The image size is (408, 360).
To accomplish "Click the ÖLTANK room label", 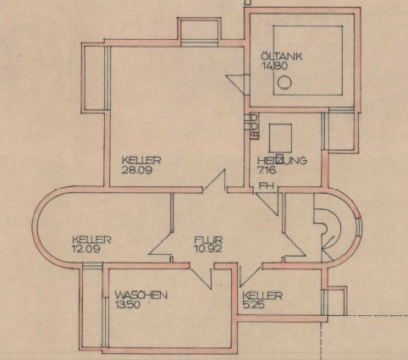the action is (281, 56).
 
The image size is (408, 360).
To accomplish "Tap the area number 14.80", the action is (275, 66).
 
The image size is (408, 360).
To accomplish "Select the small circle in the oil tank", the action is (284, 83).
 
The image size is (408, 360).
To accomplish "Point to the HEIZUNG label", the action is (282, 160).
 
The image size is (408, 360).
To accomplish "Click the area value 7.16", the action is (267, 170).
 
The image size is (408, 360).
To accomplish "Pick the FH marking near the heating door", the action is (264, 186).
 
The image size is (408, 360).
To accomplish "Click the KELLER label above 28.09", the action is (141, 160).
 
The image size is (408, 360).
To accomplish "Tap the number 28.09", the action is (136, 170).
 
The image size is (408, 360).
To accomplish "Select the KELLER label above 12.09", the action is (91, 240).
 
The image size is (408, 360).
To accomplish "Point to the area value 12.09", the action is (86, 250).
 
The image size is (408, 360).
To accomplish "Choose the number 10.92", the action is (207, 249).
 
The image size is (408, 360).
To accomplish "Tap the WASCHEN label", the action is (141, 296).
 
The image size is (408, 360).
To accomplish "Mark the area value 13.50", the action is (128, 305).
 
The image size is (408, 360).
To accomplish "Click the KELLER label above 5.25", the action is (262, 296).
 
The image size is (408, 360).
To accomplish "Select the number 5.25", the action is (253, 305).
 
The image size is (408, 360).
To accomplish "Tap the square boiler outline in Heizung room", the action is (280, 138).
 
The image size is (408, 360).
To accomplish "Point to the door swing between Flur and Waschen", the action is (201, 278).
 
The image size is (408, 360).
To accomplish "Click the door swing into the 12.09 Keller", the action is (161, 243).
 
